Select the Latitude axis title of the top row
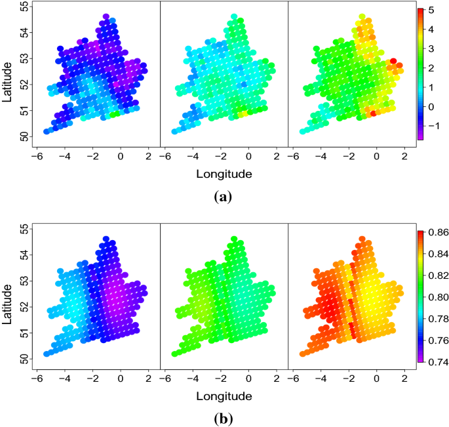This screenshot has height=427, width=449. click(7, 81)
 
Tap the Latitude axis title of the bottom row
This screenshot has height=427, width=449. click(7, 303)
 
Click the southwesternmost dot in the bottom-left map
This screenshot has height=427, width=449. click(47, 354)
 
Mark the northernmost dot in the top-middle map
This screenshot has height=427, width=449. click(234, 17)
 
